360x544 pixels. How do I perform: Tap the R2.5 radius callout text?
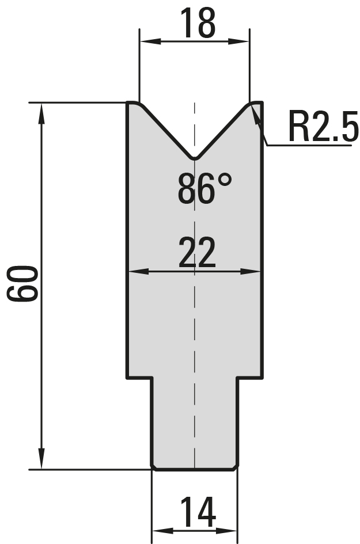click(323, 127)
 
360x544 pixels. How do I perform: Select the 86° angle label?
click(204, 188)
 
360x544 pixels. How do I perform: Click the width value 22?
click(197, 253)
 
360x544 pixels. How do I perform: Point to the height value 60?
click(22, 283)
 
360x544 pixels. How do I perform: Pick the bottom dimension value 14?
click(198, 512)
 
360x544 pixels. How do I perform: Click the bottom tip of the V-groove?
click(195, 159)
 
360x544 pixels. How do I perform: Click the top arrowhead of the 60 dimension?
click(41, 113)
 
